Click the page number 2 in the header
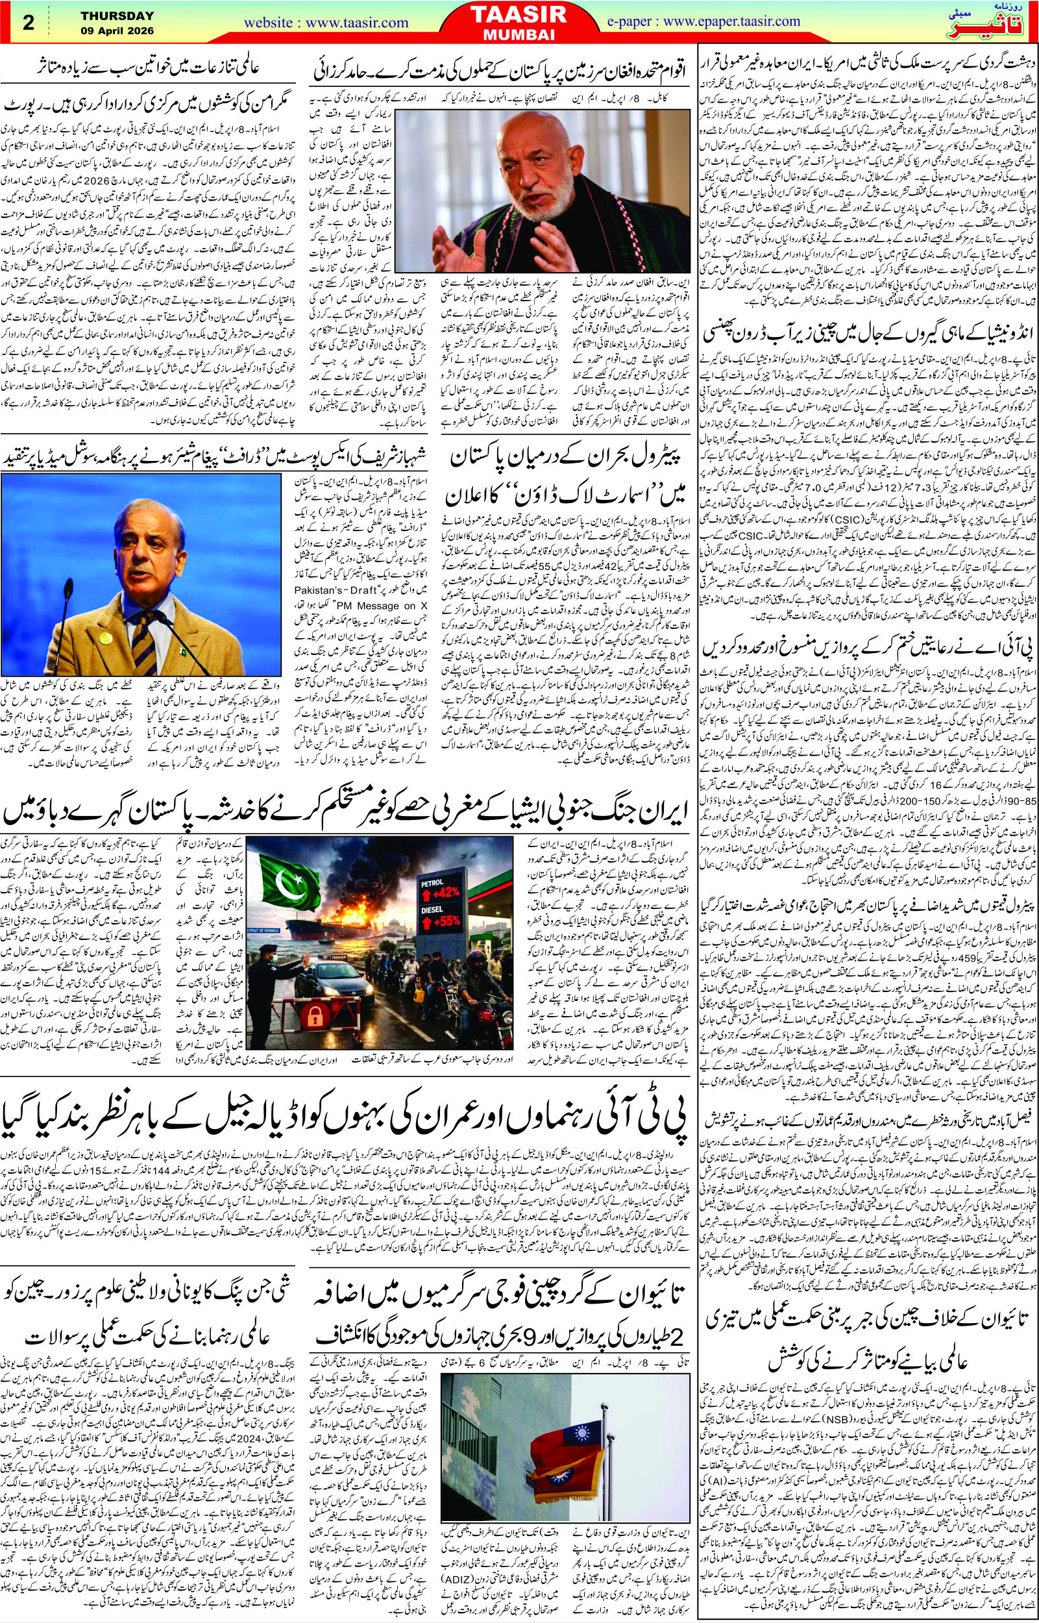(x=29, y=22)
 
